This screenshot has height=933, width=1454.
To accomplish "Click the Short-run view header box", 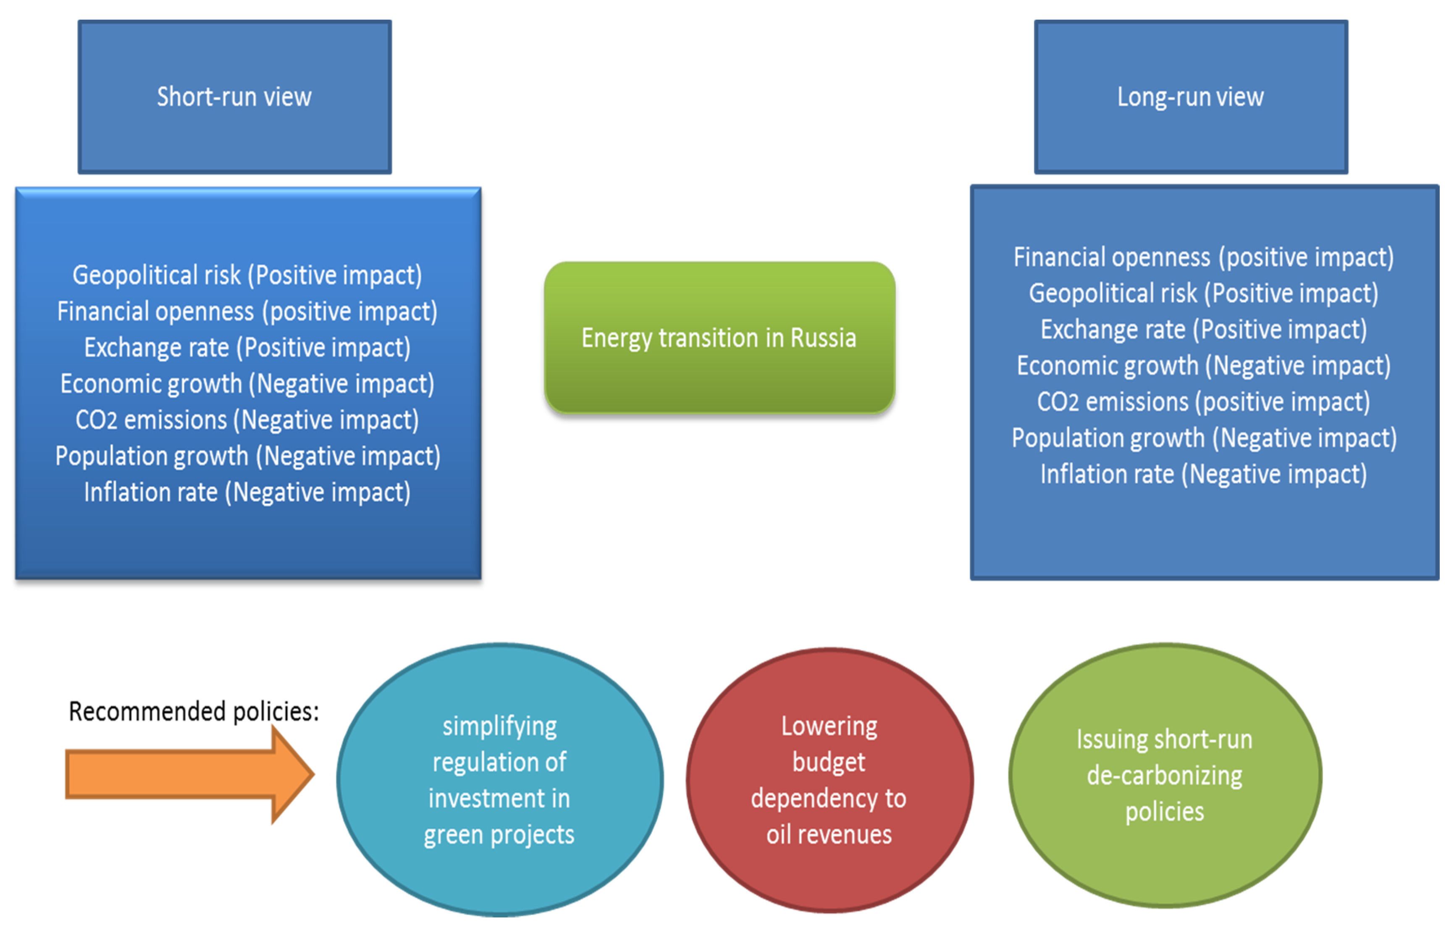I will pyautogui.click(x=234, y=97).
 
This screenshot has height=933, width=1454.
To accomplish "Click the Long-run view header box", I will pyautogui.click(x=1191, y=97).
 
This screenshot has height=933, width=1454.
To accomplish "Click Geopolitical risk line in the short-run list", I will pyautogui.click(x=247, y=275).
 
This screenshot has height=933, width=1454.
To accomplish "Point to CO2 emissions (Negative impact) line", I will pyautogui.click(x=247, y=420).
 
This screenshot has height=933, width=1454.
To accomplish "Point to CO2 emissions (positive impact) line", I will pyautogui.click(x=1203, y=402).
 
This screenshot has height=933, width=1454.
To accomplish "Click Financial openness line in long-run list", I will pyautogui.click(x=1203, y=257).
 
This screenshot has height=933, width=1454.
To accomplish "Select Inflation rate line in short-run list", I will pyautogui.click(x=247, y=493).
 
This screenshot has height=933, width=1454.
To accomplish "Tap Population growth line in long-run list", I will pyautogui.click(x=1203, y=438).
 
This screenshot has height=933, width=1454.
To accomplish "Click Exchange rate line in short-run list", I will pyautogui.click(x=247, y=348).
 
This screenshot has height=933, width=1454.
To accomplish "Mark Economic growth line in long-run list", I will pyautogui.click(x=1203, y=366).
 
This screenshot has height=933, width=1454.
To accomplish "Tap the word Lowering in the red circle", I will pyautogui.click(x=829, y=726).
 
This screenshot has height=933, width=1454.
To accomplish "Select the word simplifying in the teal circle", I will pyautogui.click(x=499, y=726).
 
